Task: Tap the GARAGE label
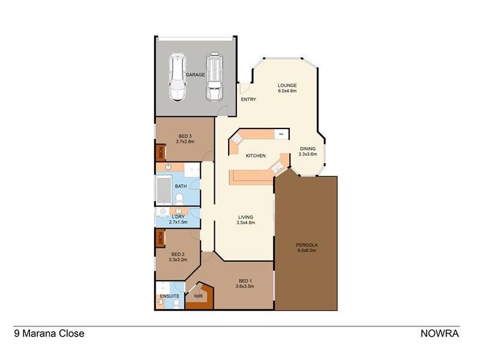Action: (x=195, y=74)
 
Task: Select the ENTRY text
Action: (x=248, y=100)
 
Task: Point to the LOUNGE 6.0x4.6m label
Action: (x=287, y=88)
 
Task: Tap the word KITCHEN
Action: (x=256, y=156)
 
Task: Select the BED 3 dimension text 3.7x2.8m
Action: (x=185, y=142)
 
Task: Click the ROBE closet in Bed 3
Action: (x=160, y=152)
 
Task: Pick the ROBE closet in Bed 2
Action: (x=160, y=239)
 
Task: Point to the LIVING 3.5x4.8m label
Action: (x=245, y=220)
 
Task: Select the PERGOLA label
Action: (x=306, y=247)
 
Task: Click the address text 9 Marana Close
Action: (x=49, y=334)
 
